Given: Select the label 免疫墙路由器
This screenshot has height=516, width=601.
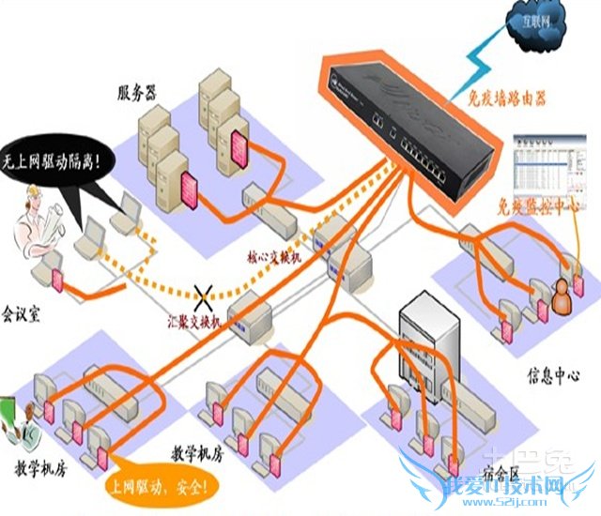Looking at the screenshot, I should pos(507,98).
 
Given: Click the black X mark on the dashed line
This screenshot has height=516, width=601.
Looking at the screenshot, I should pos(201,296).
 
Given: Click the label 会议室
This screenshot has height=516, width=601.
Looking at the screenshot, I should pos(24,310).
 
